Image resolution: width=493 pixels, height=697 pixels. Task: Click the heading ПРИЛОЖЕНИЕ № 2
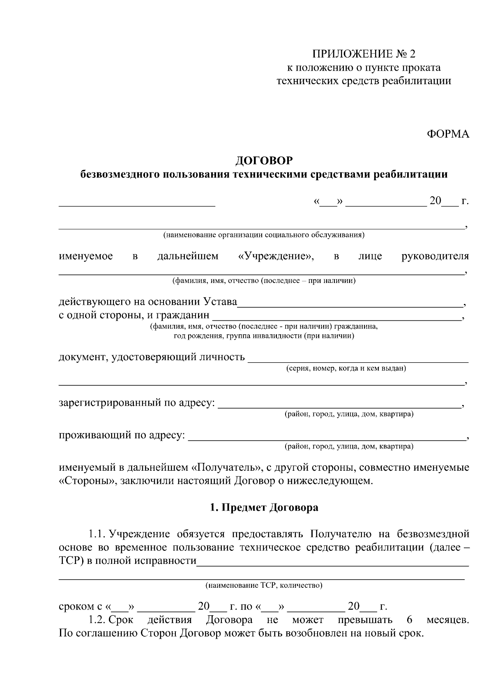(x=364, y=54)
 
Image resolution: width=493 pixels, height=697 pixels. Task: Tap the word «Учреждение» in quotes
(x=276, y=257)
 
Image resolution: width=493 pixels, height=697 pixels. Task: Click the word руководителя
(x=435, y=257)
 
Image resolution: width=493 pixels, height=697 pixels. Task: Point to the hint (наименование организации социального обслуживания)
(x=264, y=235)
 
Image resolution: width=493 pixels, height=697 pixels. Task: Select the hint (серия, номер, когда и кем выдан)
(x=346, y=368)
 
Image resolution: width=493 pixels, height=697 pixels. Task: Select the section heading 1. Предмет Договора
(x=264, y=508)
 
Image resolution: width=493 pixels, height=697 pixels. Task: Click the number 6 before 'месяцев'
(x=409, y=620)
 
